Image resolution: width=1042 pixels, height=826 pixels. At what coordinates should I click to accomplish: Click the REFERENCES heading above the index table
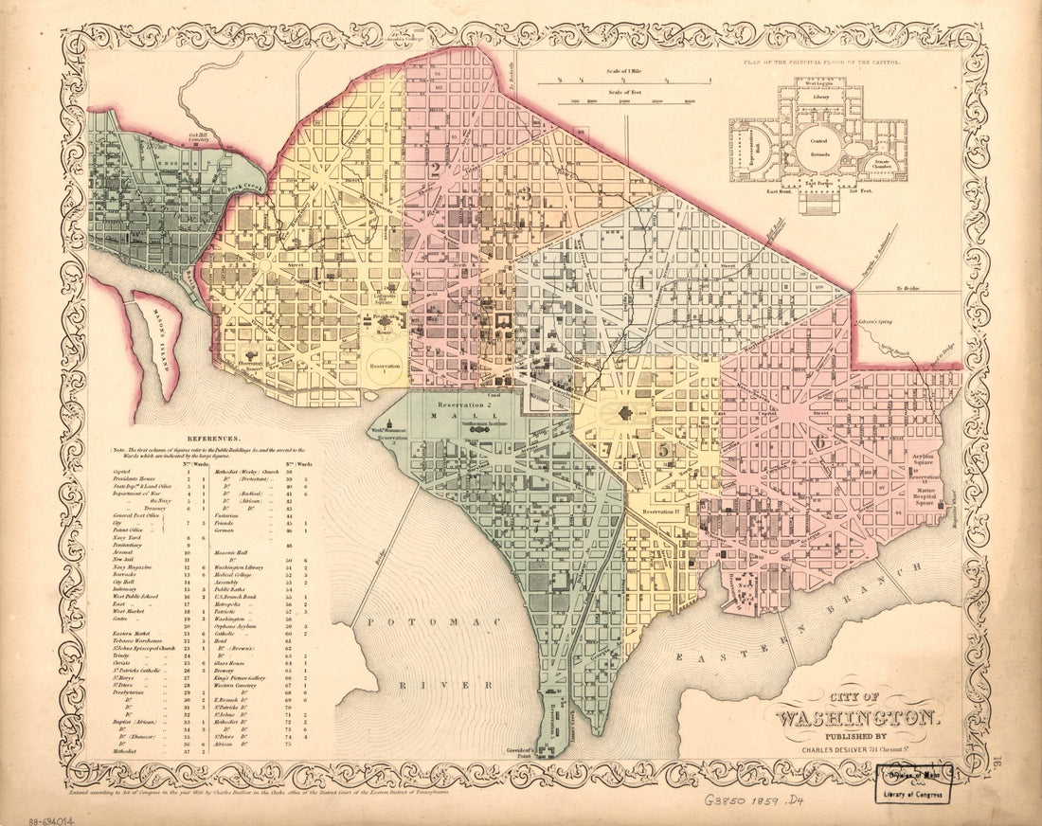click(x=214, y=440)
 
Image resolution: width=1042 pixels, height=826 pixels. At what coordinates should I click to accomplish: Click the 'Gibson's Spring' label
click(x=875, y=324)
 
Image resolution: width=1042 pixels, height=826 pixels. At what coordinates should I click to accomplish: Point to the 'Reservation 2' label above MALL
click(x=458, y=404)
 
